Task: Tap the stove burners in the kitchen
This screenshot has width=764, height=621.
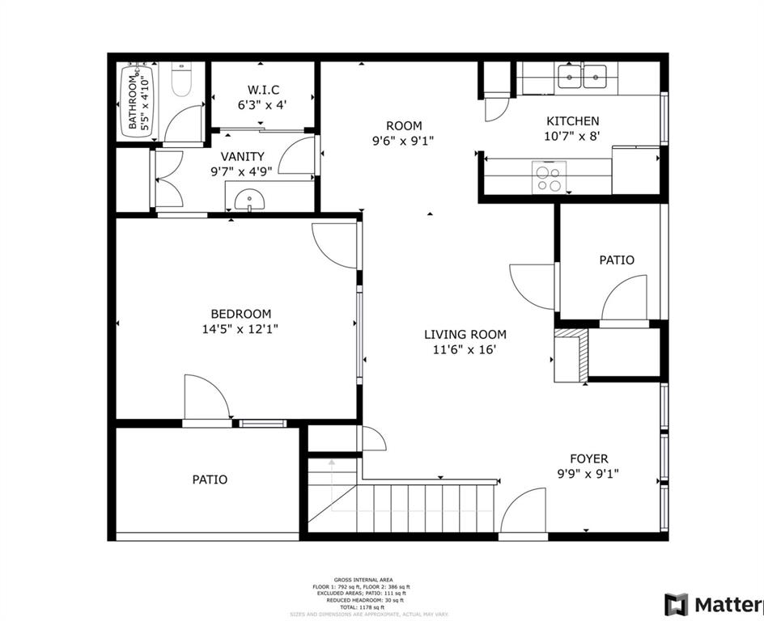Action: tap(547, 178)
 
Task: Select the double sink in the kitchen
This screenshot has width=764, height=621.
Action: tap(583, 78)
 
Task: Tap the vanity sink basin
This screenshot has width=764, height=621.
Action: tap(248, 198)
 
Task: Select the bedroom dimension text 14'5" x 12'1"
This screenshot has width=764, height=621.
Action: tap(241, 329)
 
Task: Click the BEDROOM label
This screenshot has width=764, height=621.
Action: tap(241, 314)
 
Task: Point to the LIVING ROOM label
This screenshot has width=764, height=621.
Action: tap(465, 334)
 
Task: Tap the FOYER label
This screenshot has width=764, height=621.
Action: tap(588, 458)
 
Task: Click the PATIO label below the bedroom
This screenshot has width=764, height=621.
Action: tap(210, 479)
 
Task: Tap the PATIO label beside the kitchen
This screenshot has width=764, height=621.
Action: tap(617, 260)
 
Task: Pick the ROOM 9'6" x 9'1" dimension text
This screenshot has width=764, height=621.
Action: tap(404, 140)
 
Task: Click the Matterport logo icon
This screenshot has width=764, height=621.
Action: tap(676, 604)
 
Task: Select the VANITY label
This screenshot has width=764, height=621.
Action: tap(243, 156)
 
